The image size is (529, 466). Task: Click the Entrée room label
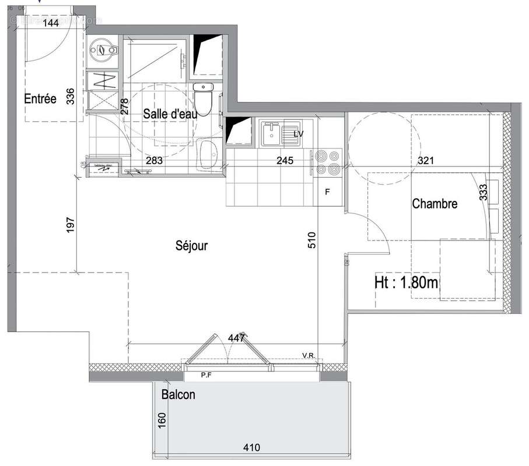tap(40, 99)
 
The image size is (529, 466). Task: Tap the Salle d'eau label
tap(170, 114)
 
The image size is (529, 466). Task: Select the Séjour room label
tap(191, 246)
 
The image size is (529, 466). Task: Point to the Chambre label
tap(435, 204)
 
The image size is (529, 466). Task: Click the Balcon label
tap(178, 395)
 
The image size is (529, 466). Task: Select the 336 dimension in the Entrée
tap(71, 96)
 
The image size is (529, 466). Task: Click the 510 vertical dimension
tap(311, 241)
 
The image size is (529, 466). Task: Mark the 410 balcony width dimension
tap(251, 448)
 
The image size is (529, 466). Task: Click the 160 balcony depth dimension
tap(162, 420)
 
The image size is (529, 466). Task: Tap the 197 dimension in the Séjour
tap(71, 226)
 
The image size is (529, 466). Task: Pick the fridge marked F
tap(327, 192)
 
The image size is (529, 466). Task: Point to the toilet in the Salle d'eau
tap(204, 100)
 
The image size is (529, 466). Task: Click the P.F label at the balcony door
tap(205, 376)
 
